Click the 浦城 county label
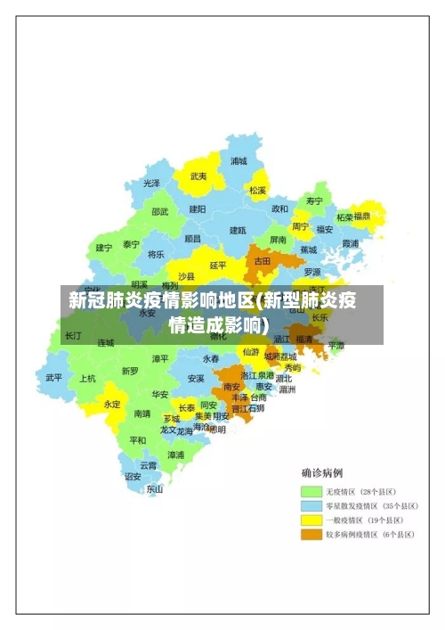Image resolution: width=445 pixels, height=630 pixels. click(239, 161)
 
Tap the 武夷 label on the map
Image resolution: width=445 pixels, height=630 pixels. click(198, 176)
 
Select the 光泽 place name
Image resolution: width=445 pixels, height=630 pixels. click(152, 183)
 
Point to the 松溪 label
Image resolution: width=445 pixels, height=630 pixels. click(258, 190)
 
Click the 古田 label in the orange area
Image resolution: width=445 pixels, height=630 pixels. click(263, 262)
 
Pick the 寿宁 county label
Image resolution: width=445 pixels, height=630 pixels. click(314, 200)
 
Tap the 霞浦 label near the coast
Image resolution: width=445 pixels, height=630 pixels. click(350, 242)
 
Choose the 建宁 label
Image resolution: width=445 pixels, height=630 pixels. click(104, 248)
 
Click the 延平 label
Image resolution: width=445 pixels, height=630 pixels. click(218, 265)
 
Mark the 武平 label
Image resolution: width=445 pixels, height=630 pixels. click(54, 377)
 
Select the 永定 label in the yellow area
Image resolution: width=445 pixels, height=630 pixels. click(112, 404)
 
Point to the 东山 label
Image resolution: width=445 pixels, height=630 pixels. click(155, 488)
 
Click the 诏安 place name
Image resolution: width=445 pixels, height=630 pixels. click(133, 477)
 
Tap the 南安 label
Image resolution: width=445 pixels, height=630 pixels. click(232, 387)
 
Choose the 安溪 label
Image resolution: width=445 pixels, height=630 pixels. click(196, 378)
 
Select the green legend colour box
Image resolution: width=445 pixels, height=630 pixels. click(311, 491)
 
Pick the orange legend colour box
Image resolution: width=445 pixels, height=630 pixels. click(311, 535)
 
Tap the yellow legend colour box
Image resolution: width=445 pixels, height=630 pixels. click(311, 520)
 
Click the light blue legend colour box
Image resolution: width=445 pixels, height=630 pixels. click(311, 505)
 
